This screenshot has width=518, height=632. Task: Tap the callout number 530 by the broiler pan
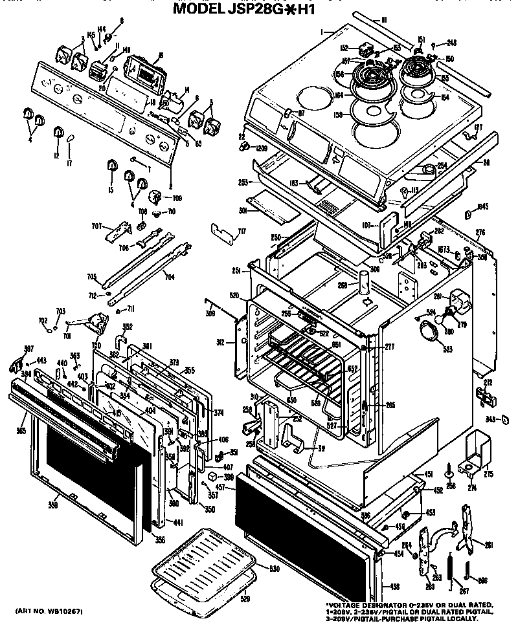[274, 569]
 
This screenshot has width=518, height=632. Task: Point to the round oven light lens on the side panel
[428, 332]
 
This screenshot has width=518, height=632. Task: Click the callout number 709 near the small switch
[176, 199]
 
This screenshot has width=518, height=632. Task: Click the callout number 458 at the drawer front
[395, 587]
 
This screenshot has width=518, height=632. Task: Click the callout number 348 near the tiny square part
[490, 420]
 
